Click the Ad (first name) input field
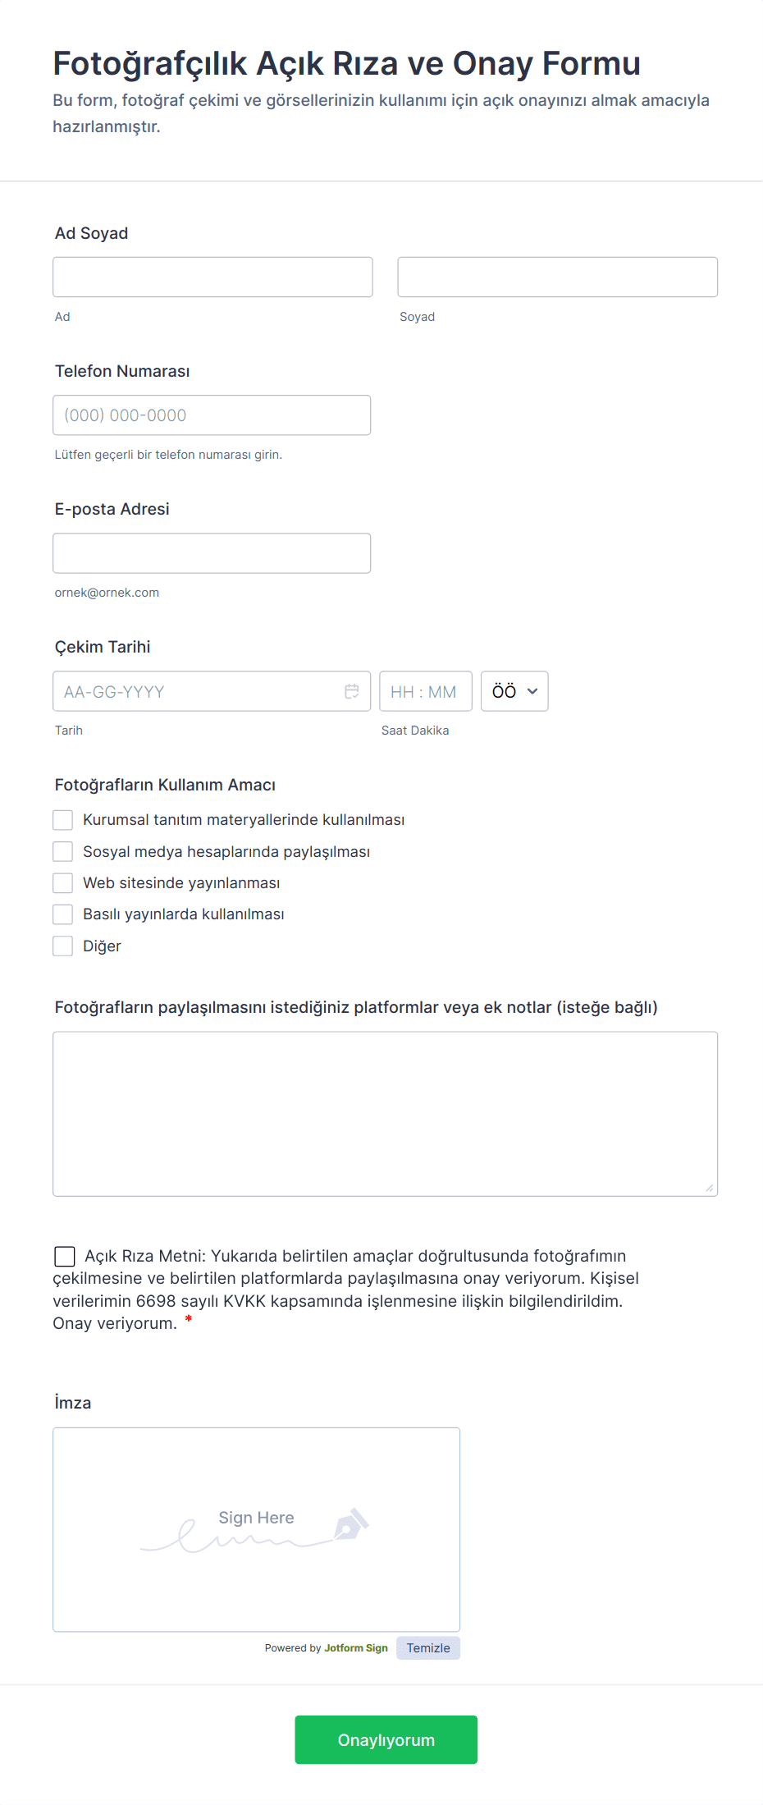(x=212, y=277)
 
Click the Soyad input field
(x=557, y=277)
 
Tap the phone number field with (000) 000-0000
(x=212, y=415)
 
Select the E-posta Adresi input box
(x=212, y=553)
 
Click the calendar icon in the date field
(x=352, y=692)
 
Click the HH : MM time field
(x=425, y=692)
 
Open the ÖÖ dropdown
(x=514, y=692)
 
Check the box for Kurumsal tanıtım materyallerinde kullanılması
(x=63, y=820)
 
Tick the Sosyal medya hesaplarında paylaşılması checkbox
(x=63, y=852)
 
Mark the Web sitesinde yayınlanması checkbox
(x=63, y=883)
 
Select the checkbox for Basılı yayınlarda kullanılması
(x=63, y=914)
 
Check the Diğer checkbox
(x=63, y=946)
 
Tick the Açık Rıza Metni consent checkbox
(x=65, y=1257)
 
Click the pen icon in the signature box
(x=351, y=1523)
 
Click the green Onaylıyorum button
(x=386, y=1739)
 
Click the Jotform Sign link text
(x=356, y=1648)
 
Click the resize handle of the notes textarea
(x=710, y=1188)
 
